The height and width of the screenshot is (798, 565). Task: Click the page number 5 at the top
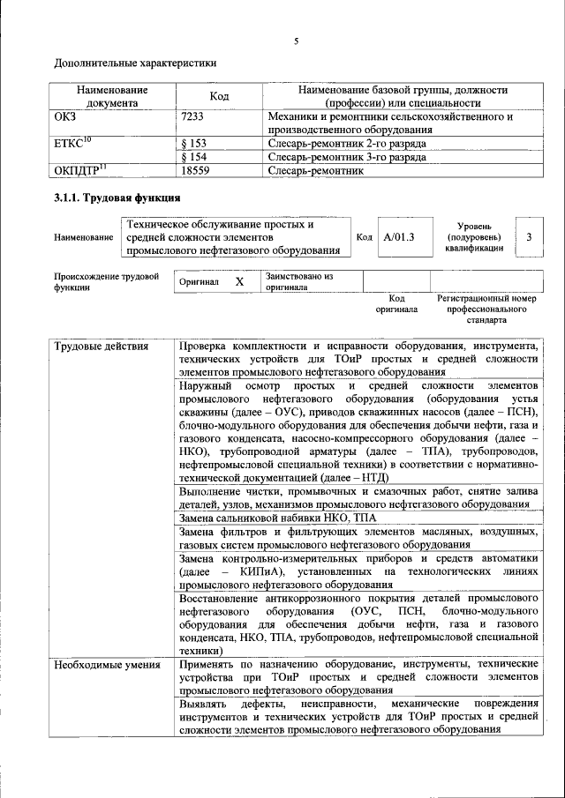(x=296, y=39)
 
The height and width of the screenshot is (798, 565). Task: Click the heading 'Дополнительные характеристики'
(x=135, y=63)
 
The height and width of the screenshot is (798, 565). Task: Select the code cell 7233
(x=194, y=116)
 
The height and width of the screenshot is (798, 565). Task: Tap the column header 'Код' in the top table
(x=219, y=96)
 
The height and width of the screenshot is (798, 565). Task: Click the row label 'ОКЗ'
(x=66, y=116)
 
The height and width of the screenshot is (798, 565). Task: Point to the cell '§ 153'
(x=193, y=143)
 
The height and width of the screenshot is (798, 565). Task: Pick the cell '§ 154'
(x=193, y=157)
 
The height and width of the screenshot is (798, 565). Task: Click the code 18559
(x=195, y=171)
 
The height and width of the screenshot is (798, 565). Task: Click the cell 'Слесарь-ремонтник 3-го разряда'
(x=347, y=157)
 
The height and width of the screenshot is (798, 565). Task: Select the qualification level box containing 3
(x=528, y=237)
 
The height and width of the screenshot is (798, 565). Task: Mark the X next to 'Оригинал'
(x=238, y=281)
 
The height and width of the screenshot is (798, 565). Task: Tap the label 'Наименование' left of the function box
(x=83, y=238)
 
